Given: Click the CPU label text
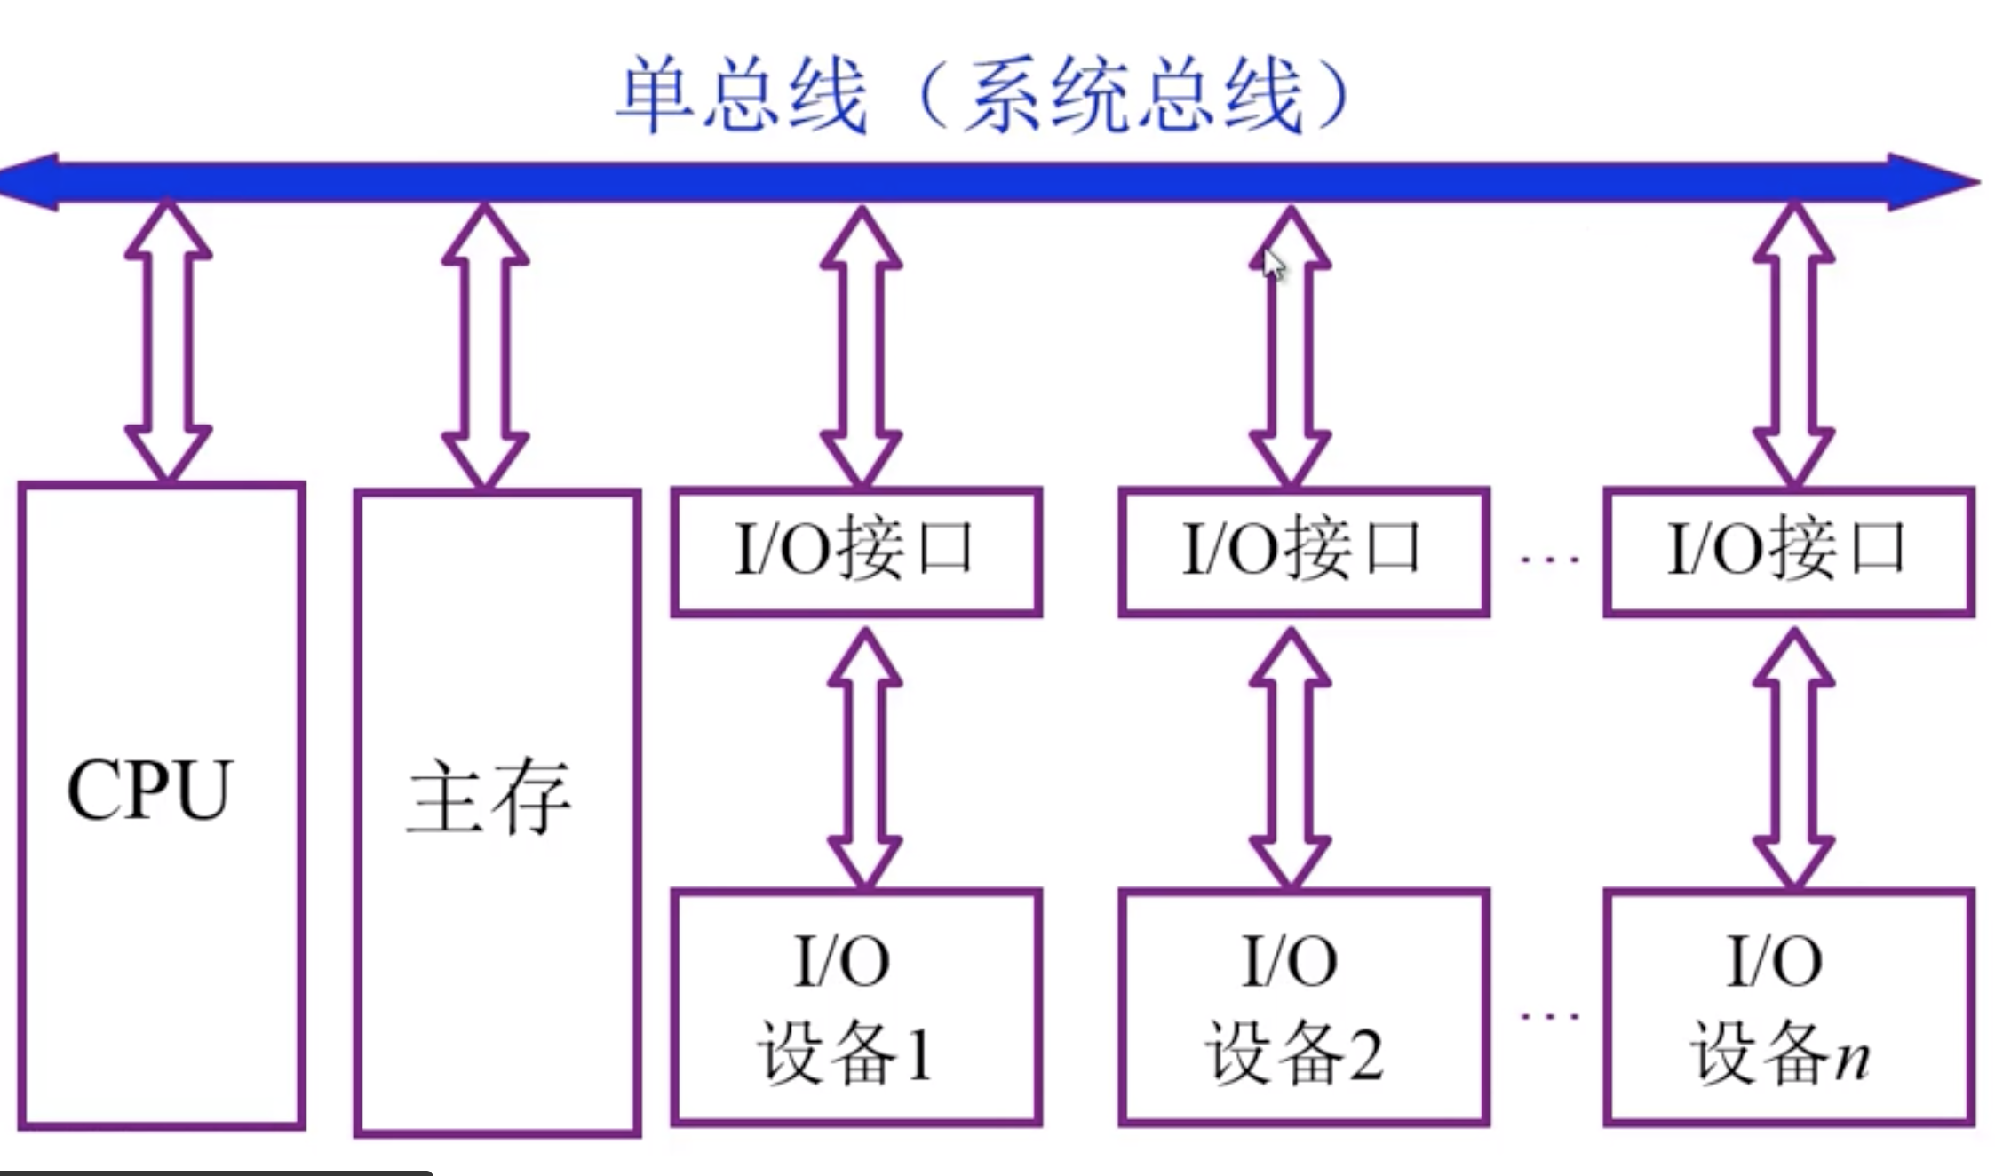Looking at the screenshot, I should click(149, 790).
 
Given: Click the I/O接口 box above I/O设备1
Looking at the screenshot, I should click(855, 551).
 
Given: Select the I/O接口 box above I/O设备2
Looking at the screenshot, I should click(1303, 551).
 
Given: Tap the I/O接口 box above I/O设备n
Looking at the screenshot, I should click(1788, 551).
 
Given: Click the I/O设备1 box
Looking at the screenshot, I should click(855, 1007).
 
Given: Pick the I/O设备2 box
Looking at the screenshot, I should click(1303, 1007).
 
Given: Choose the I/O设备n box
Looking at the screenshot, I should click(1788, 1007).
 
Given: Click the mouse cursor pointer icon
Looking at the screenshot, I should click(1274, 265).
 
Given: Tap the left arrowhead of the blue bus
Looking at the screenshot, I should click(31, 182).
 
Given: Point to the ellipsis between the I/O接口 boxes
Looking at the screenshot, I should click(1549, 560).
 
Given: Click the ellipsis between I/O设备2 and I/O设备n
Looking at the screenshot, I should click(1549, 1015).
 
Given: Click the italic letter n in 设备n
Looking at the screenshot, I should click(1852, 1059).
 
